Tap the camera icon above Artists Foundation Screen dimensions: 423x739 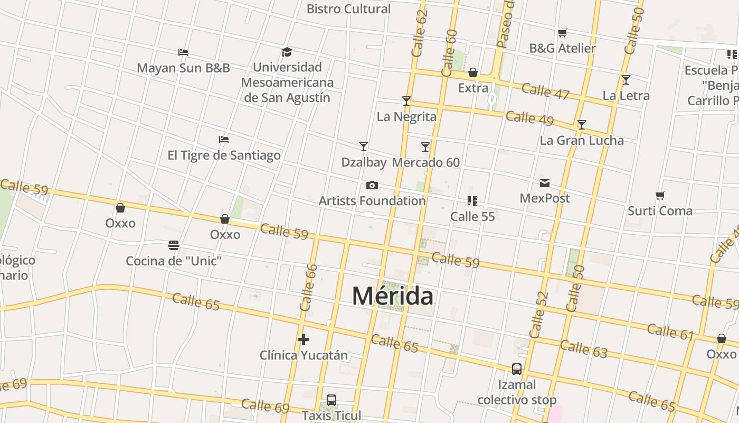click(372, 185)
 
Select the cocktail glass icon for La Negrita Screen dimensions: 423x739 click(406, 100)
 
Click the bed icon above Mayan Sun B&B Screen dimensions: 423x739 click(183, 52)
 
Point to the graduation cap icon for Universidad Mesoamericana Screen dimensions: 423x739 click(287, 52)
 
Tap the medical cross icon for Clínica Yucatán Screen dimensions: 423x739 click(303, 339)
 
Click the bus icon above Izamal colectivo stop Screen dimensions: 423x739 click(517, 369)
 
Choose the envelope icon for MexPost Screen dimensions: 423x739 click(545, 183)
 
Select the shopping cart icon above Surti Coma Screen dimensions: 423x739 click(660, 196)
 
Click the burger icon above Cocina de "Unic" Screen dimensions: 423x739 click(174, 245)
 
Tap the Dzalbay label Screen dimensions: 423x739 click(364, 162)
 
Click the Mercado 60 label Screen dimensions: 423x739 click(426, 162)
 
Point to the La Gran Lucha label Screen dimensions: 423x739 click(582, 141)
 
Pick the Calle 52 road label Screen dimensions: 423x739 click(539, 315)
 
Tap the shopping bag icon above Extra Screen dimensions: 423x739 click(473, 72)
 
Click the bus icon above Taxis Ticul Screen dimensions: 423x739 click(331, 400)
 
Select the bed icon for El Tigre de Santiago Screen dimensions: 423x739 click(224, 140)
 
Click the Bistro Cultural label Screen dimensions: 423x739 click(348, 9)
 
